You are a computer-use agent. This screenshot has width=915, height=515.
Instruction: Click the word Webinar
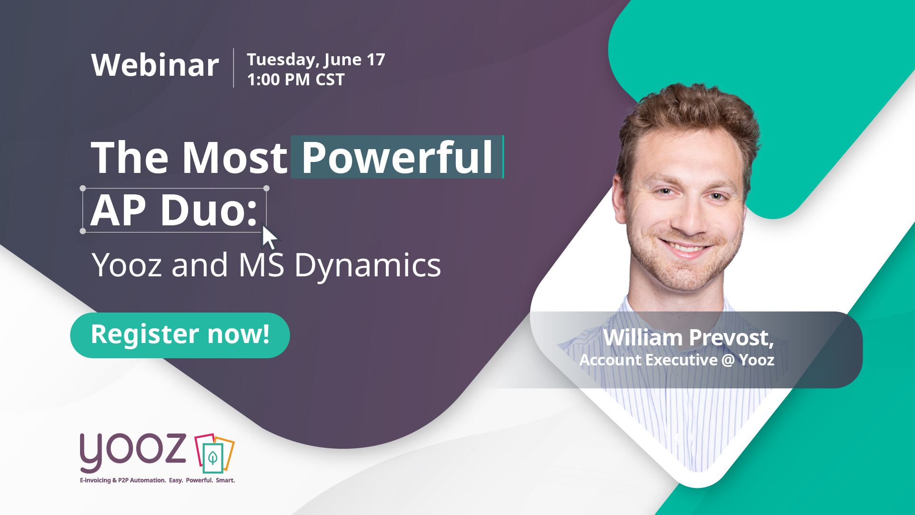coord(155,65)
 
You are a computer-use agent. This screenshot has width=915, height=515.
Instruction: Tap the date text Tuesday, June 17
coord(316,60)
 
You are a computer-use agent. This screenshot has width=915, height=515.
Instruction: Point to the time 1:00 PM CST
coord(296,80)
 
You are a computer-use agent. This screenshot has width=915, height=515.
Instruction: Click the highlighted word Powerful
coord(397,157)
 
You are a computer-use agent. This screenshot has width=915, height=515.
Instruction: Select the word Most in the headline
coord(235,157)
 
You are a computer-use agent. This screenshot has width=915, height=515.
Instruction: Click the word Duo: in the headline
coord(209,210)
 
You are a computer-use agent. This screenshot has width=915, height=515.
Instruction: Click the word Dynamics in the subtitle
coord(368,265)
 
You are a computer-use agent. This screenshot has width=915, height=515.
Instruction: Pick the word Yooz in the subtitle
coord(127,265)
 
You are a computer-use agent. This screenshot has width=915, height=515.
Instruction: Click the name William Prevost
coord(688,338)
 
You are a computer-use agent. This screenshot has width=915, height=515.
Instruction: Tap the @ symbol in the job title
coord(728,360)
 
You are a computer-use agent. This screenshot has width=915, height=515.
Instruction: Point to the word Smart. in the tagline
coord(225,480)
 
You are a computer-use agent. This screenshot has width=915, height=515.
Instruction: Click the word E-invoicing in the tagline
coord(95,480)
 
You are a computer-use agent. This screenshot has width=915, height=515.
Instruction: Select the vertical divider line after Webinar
coord(233,68)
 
